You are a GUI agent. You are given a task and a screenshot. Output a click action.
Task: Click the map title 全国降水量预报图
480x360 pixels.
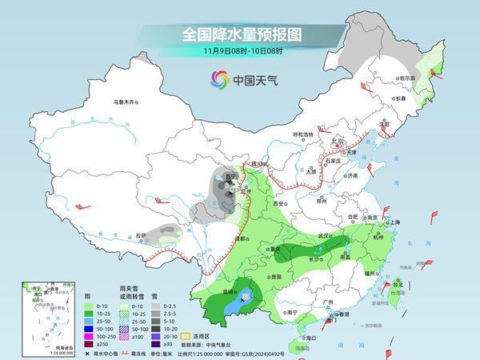tap(239, 35)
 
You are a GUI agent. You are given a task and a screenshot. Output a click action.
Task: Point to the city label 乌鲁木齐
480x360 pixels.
tap(126, 102)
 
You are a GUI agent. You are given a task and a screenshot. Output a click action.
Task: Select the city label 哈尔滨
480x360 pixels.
tap(409, 78)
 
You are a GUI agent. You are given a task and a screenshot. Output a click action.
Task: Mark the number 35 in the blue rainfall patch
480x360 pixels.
tap(246, 298)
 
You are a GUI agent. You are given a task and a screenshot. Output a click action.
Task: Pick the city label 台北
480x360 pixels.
tap(398, 282)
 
